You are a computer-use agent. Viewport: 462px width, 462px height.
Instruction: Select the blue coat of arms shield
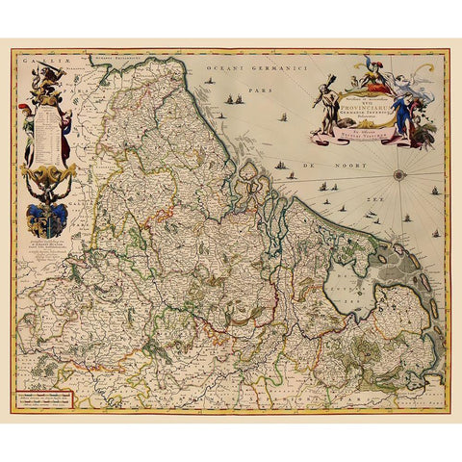point(46,218)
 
